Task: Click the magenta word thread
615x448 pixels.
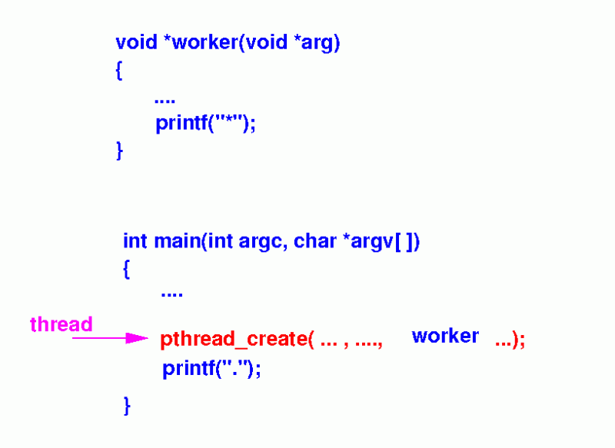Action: [61, 324]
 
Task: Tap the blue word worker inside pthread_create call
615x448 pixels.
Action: [445, 336]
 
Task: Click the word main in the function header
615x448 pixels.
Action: [176, 241]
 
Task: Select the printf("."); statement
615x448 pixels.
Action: [211, 369]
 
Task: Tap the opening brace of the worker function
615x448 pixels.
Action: [119, 71]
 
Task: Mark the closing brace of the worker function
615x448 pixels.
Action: [119, 151]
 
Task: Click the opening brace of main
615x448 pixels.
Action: [127, 270]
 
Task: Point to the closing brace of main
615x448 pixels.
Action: [127, 405]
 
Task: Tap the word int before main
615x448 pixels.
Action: [135, 241]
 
